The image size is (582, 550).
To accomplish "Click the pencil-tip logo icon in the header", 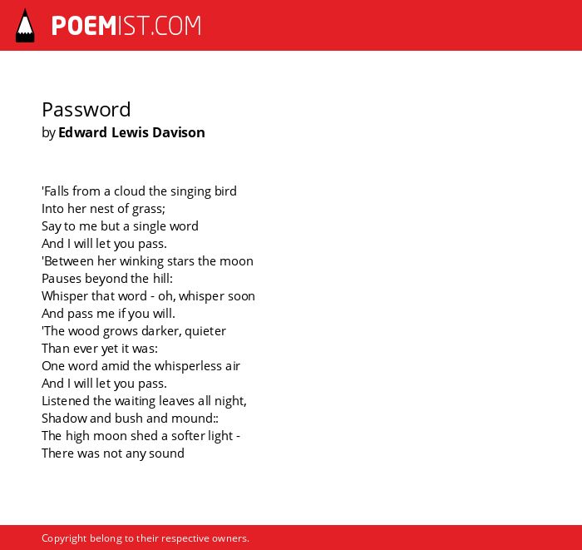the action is point(25,26).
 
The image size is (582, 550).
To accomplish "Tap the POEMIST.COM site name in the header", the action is point(126,26).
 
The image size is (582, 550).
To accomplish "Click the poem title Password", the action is point(86,110).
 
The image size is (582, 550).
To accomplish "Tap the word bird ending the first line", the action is point(225,191).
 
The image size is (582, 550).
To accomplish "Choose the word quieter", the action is point(205,331).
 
